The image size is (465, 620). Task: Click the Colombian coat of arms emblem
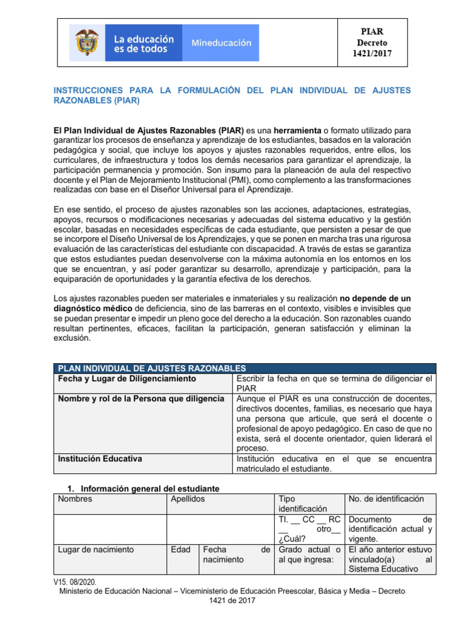click(87, 42)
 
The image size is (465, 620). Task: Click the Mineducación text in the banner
click(221, 43)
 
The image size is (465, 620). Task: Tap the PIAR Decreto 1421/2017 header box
click(372, 42)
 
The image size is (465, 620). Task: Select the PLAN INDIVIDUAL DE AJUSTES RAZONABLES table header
click(151, 368)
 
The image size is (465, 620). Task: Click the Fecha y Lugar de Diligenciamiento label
click(127, 378)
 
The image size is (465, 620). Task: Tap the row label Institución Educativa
click(99, 459)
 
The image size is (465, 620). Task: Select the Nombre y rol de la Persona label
click(140, 399)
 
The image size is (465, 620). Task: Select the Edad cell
click(180, 550)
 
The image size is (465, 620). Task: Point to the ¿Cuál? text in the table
click(290, 539)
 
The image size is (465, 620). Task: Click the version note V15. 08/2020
click(79, 581)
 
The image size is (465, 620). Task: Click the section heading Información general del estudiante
click(150, 489)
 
